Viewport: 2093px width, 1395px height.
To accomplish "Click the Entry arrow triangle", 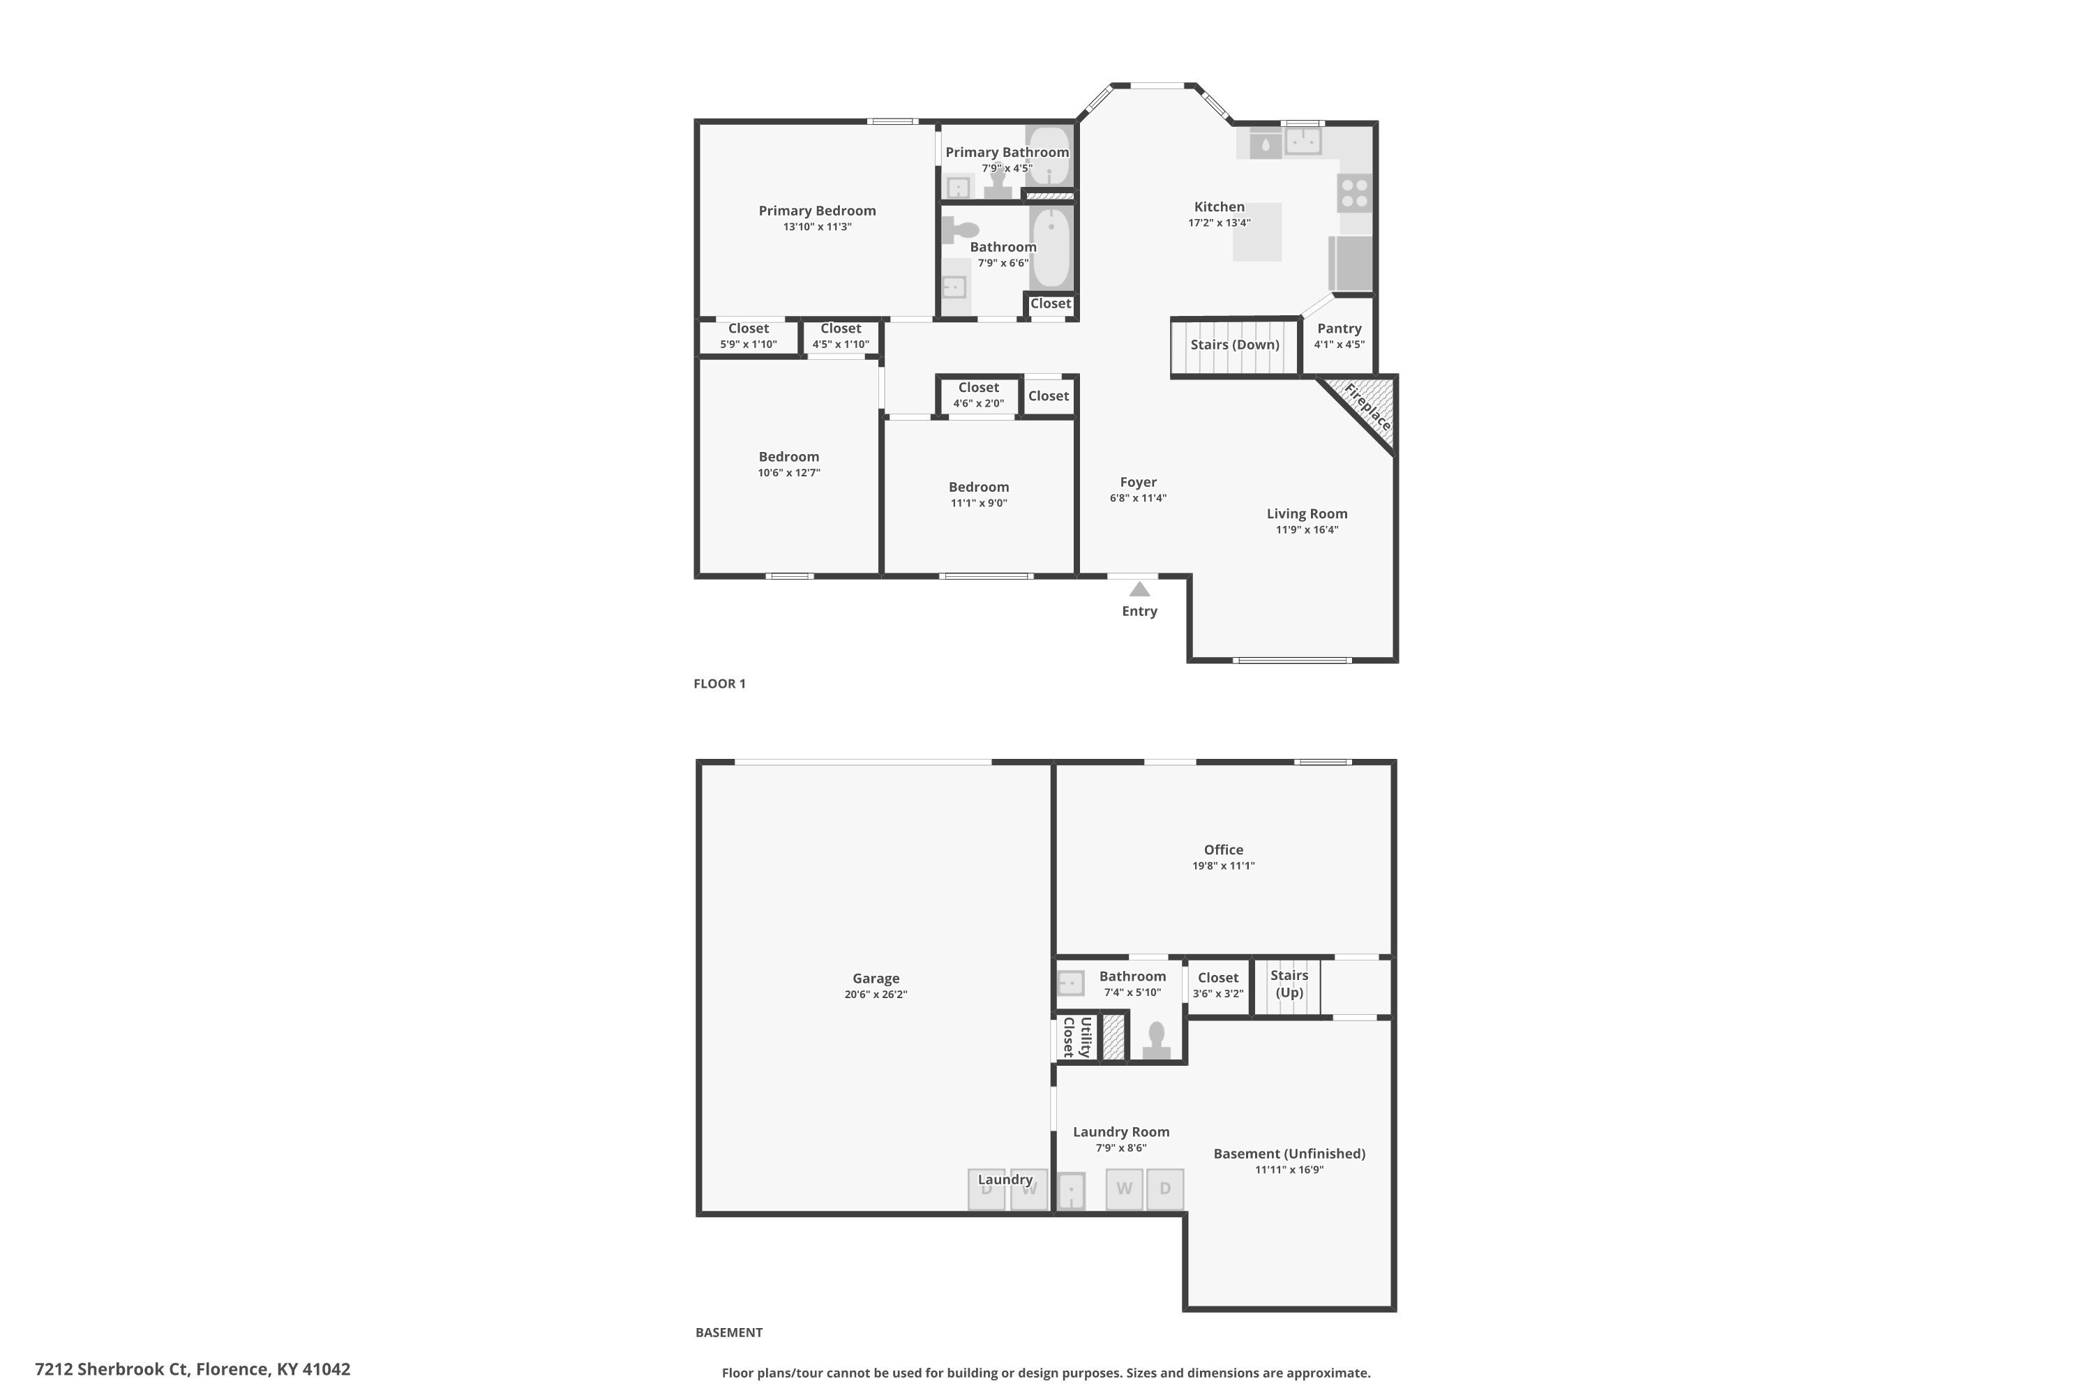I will pos(1139,589).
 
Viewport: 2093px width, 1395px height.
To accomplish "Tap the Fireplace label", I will pos(1367,407).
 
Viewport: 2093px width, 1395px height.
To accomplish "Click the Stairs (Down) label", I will pos(1234,345).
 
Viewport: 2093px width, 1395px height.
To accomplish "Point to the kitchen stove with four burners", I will pos(1354,193).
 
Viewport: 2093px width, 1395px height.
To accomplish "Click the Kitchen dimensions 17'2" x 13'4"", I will pos(1218,223).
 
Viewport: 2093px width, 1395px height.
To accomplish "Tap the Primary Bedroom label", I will pos(816,211).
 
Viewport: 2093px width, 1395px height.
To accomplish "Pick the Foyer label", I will pos(1137,482).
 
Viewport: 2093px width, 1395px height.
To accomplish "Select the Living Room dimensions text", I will pos(1306,530).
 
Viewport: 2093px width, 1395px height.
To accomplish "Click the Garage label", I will pos(875,978).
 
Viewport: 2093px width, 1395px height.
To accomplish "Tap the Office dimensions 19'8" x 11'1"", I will pos(1223,866).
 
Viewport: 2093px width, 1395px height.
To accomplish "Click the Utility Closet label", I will pos(1076,1036).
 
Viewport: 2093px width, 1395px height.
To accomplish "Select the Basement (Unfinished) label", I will pos(1289,1153).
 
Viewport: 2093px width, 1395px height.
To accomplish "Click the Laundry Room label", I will pos(1120,1131).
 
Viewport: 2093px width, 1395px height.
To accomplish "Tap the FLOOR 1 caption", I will pos(719,684).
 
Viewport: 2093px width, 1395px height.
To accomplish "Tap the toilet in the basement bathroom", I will pos(1156,1039).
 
